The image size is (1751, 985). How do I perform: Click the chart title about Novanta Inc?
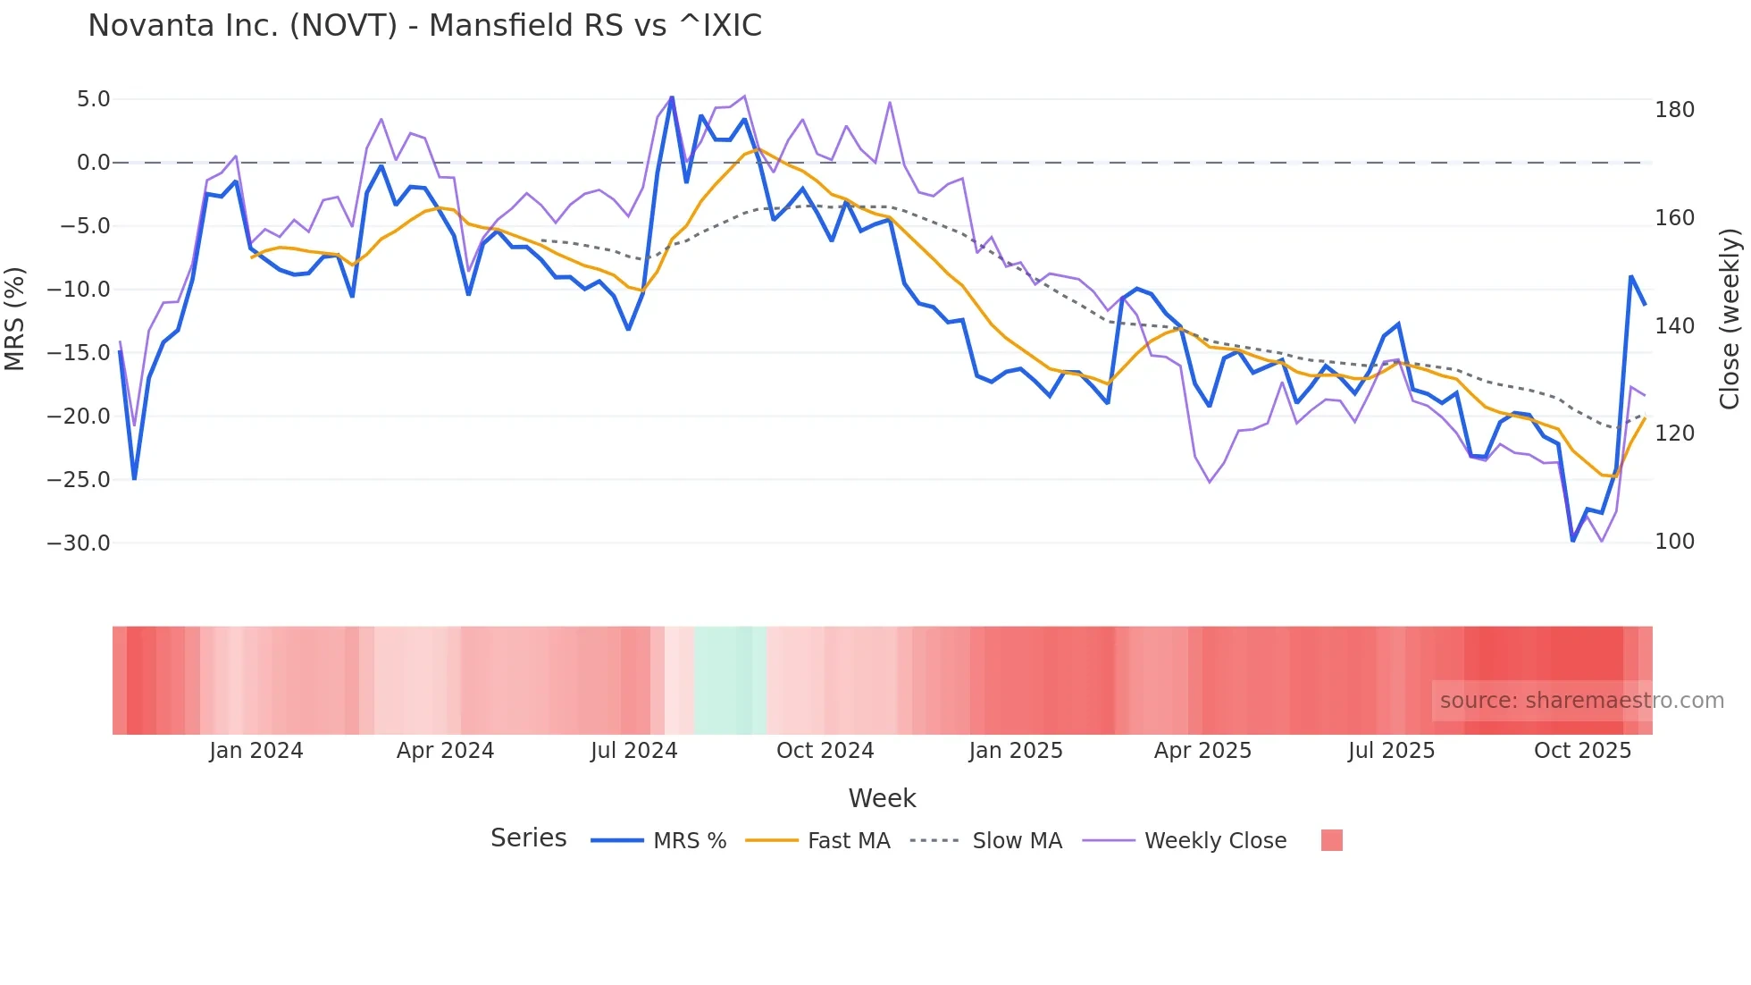tap(424, 26)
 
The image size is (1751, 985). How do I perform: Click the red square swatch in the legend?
tap(1331, 840)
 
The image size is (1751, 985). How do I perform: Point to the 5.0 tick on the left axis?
tap(93, 99)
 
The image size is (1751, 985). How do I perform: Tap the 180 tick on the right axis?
tap(1674, 110)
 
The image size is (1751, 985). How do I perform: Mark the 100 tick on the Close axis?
tap(1674, 542)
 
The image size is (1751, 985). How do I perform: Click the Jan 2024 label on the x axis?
tap(256, 751)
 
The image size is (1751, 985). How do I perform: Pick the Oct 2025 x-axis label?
tap(1582, 751)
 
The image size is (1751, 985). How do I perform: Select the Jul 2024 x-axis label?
tap(634, 751)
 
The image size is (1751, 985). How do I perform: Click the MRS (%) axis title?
tap(14, 319)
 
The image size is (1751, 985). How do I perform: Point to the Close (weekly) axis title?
tap(1730, 319)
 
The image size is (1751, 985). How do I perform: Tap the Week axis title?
tap(882, 798)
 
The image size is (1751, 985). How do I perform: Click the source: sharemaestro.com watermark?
tap(1581, 701)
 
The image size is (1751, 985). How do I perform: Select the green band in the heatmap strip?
tap(729, 680)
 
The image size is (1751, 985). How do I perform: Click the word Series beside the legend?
tap(528, 838)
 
